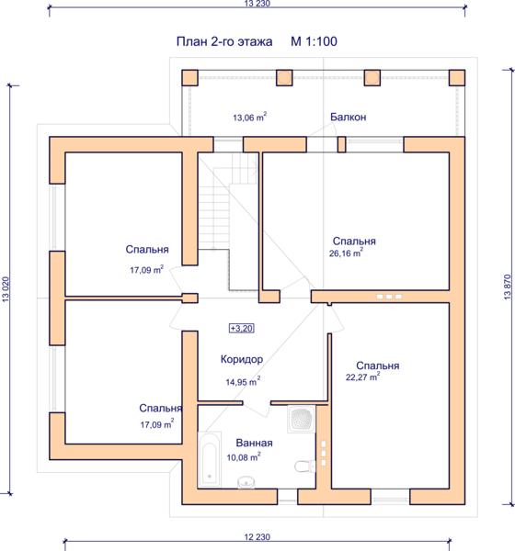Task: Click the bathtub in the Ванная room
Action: (210, 460)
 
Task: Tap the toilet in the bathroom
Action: (304, 467)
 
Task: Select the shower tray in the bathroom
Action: (302, 419)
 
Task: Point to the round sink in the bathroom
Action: (246, 482)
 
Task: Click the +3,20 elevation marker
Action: (242, 328)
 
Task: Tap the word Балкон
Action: (349, 117)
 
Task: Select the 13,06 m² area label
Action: (249, 117)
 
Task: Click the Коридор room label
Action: (242, 359)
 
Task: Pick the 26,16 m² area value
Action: (346, 253)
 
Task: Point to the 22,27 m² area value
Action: (362, 377)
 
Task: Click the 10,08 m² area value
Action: (244, 456)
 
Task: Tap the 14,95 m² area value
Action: (243, 381)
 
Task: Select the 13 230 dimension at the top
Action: (257, 4)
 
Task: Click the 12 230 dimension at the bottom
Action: (257, 536)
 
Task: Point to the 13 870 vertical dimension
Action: (508, 287)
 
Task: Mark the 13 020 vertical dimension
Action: (6, 289)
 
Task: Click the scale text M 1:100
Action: (314, 41)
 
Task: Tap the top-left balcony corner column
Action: (190, 78)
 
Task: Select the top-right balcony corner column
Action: (457, 78)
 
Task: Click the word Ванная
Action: (254, 443)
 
